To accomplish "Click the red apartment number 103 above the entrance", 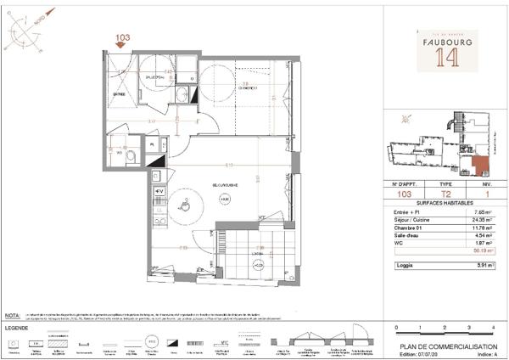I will (124, 37).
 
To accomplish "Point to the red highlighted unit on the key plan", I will (481, 163).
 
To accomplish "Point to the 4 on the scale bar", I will (492, 327).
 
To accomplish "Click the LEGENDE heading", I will (18, 327).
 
